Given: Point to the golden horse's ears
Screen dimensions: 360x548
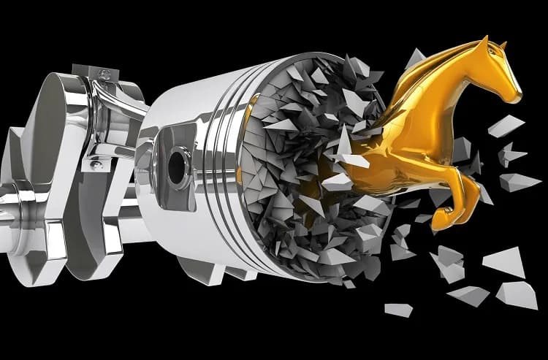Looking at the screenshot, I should [500, 45].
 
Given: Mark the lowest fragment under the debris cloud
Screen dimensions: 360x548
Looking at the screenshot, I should [399, 310].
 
